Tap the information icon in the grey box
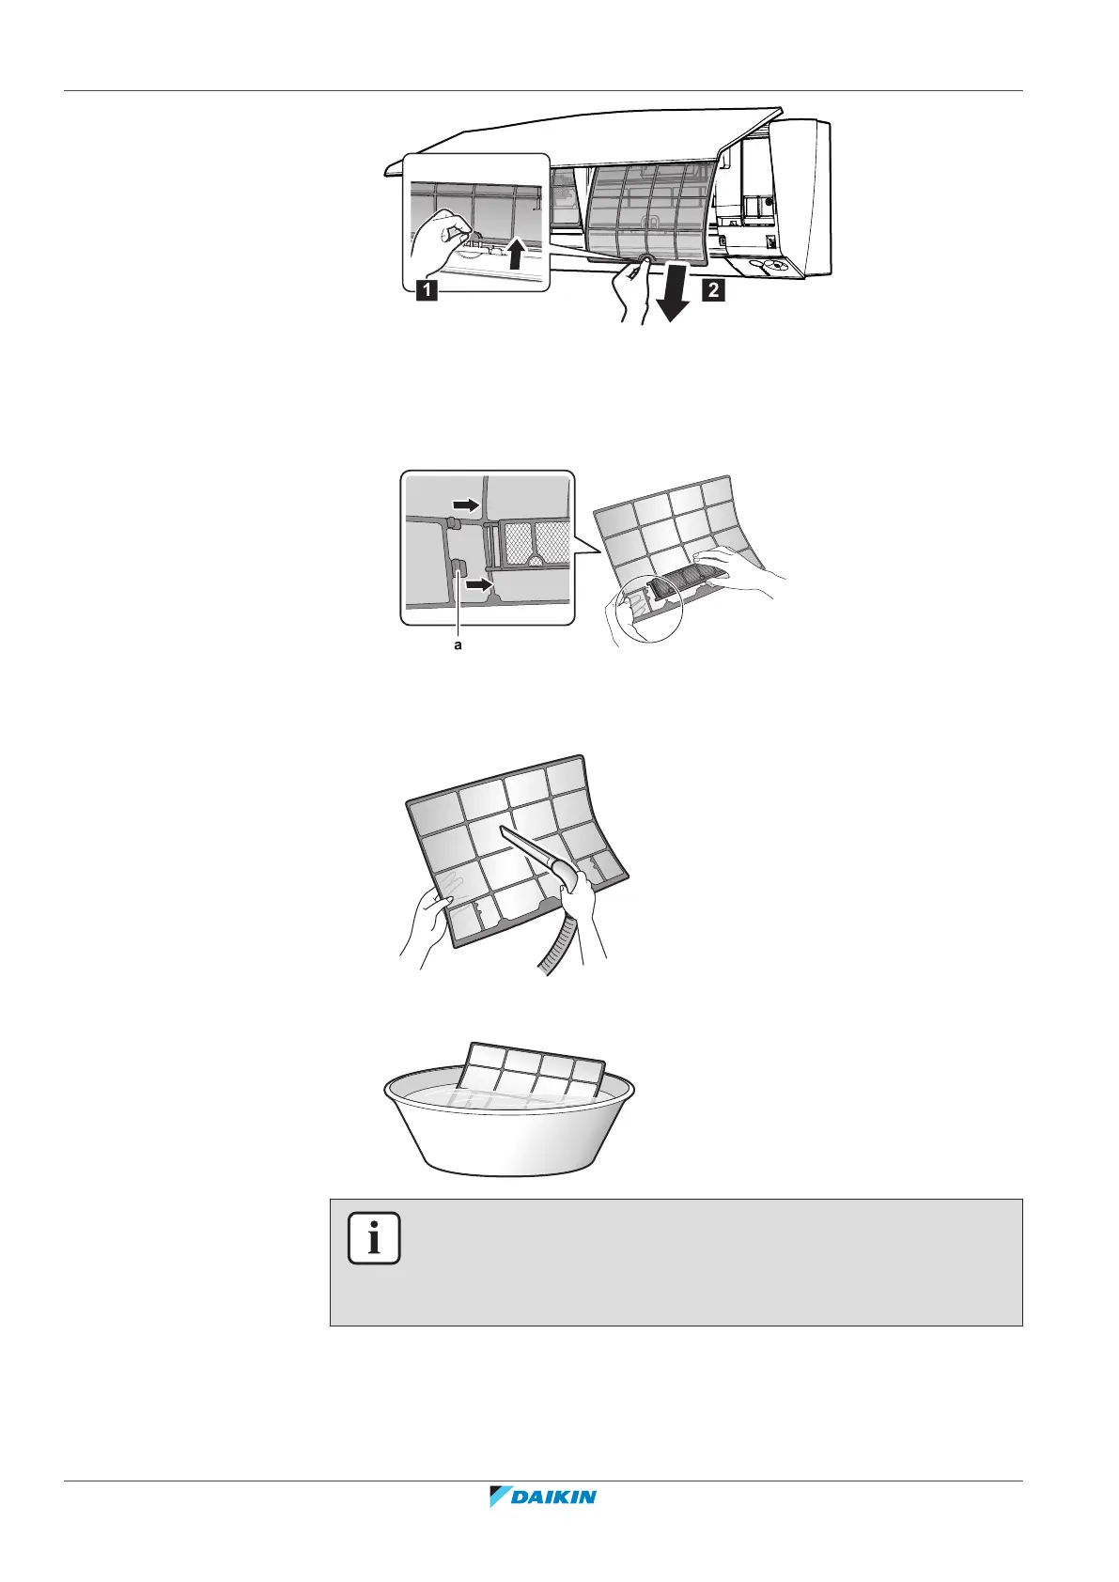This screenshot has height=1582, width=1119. (374, 1239)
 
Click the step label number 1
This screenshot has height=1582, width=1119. (427, 291)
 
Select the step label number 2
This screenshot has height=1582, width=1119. (714, 290)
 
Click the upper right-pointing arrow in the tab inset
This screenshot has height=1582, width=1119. (467, 504)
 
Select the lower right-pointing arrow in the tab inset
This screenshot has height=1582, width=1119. (479, 586)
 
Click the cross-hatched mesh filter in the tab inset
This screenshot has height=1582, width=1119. (533, 543)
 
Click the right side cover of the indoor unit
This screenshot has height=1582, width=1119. (803, 197)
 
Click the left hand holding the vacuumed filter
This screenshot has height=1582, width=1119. (428, 925)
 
